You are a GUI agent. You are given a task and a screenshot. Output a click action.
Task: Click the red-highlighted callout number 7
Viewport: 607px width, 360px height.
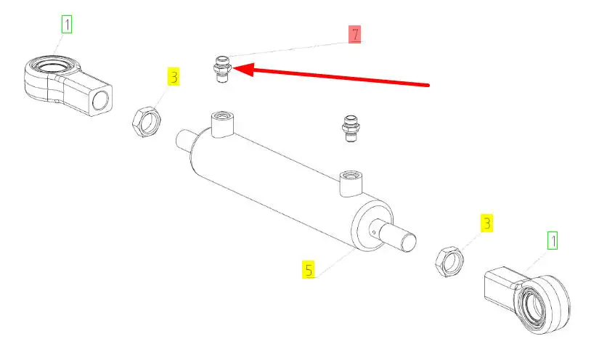pyautogui.click(x=354, y=34)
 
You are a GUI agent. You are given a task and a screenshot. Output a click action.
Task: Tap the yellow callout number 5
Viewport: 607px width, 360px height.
pyautogui.click(x=309, y=269)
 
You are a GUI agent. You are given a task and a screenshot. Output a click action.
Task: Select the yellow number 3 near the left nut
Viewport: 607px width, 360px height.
pyautogui.click(x=174, y=77)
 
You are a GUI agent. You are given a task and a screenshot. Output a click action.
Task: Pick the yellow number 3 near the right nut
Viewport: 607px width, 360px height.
pyautogui.click(x=487, y=223)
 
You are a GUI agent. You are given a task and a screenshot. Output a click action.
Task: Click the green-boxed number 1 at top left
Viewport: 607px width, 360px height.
pyautogui.click(x=67, y=24)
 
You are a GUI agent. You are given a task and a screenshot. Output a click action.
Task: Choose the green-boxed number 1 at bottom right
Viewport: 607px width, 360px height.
pyautogui.click(x=553, y=240)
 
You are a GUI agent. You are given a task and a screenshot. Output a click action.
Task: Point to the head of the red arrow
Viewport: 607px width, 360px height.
pyautogui.click(x=234, y=68)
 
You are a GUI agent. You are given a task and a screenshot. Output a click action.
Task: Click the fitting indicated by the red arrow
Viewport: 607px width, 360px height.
pyautogui.click(x=222, y=70)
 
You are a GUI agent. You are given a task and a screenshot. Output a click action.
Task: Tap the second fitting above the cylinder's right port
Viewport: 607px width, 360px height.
pyautogui.click(x=351, y=129)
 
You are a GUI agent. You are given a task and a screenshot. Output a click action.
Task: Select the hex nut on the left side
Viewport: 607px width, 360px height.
pyautogui.click(x=146, y=121)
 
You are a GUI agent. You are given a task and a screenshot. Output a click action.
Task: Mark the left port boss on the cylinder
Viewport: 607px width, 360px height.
pyautogui.click(x=222, y=124)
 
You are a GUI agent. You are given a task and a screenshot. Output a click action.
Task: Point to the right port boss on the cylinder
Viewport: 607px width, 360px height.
pyautogui.click(x=351, y=183)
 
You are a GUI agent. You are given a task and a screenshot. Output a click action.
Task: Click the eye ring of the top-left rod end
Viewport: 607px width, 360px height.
pyautogui.click(x=52, y=64)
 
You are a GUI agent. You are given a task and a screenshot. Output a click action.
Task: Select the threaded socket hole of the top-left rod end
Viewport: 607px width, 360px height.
pyautogui.click(x=102, y=100)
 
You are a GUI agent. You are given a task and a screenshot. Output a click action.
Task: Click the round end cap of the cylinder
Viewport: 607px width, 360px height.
pyautogui.click(x=372, y=226)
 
